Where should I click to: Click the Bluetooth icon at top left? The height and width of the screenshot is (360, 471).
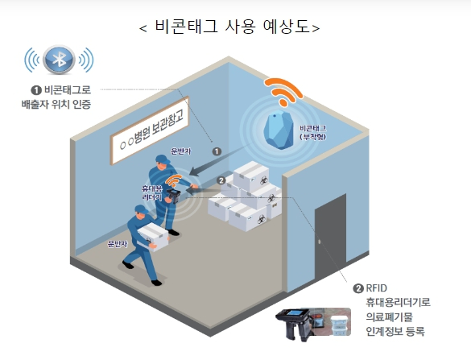pos(59,60)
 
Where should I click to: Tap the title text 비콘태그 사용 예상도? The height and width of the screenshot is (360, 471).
pos(232,27)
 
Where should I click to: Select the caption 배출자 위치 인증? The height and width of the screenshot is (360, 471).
pos(56,104)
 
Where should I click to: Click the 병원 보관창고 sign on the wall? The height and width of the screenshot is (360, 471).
pos(150,130)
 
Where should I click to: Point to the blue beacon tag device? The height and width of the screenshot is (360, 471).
pos(279,130)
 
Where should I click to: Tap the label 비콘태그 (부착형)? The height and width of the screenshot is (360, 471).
pos(313,133)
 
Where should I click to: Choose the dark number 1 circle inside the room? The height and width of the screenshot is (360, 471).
pos(217,151)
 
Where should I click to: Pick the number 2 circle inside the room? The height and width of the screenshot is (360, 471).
pos(221,180)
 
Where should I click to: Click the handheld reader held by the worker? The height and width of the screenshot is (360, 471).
pos(173,196)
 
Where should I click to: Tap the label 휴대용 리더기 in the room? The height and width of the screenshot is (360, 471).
pos(152,193)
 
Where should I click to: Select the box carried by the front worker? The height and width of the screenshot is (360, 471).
pos(153,237)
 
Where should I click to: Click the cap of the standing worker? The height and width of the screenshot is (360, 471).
pos(162,159)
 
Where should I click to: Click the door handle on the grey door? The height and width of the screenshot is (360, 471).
pos(319,242)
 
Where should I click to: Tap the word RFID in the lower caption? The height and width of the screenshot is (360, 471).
pos(376,288)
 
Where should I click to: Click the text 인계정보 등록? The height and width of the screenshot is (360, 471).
pos(395,332)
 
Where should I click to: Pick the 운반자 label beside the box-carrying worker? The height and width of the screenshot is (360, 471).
pos(118,243)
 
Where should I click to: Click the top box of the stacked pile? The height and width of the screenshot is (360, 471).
pos(251,176)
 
